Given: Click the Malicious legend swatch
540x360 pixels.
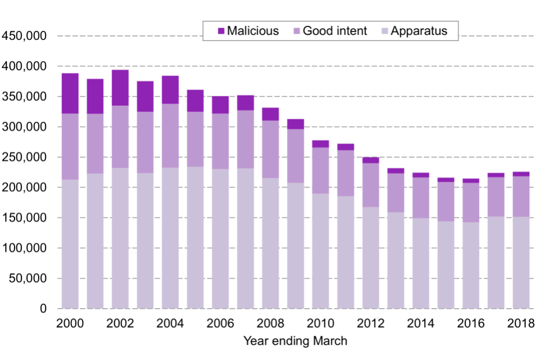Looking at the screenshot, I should [x=220, y=31].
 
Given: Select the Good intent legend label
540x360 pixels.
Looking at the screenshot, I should [x=335, y=31].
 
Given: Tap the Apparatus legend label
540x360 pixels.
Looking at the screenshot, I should [x=419, y=31].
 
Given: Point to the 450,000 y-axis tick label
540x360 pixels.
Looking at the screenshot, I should [x=24, y=36].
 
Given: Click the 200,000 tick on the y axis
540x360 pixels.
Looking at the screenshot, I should [x=24, y=187].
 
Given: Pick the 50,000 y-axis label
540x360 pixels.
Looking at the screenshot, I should [x=27, y=278].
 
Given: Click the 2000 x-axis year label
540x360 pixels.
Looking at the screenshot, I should [x=70, y=324].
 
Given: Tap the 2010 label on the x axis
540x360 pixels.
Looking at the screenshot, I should [x=321, y=324].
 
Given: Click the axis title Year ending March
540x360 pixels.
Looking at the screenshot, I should [x=295, y=341].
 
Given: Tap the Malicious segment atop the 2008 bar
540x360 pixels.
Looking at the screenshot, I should [x=271, y=114].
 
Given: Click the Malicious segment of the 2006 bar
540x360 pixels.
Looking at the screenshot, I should [x=220, y=105].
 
